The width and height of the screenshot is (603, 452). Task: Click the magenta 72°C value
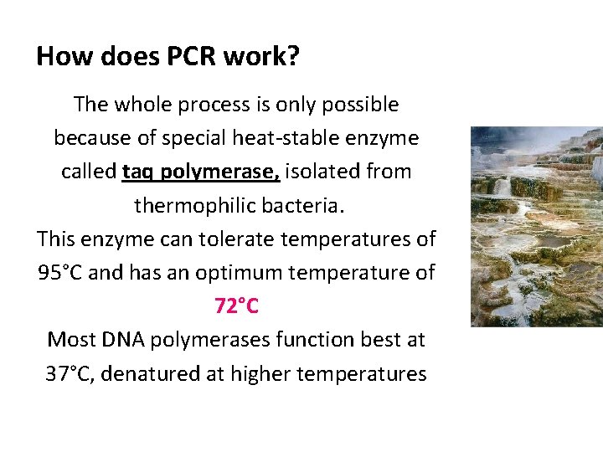pyautogui.click(x=237, y=306)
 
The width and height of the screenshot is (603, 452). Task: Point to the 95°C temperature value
pyautogui.click(x=60, y=273)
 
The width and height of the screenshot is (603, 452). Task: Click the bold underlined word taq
pyautogui.click(x=138, y=172)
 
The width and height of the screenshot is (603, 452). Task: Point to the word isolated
pyautogui.click(x=322, y=172)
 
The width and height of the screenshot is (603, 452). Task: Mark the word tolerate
pyautogui.click(x=238, y=239)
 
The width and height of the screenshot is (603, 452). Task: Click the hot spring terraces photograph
pyautogui.click(x=536, y=226)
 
